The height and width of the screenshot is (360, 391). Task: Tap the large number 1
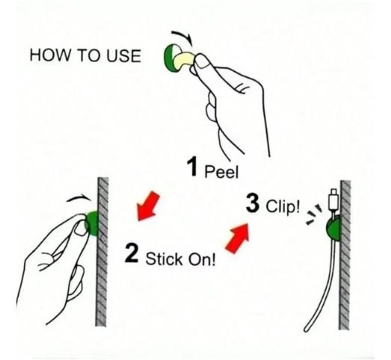point(192,166)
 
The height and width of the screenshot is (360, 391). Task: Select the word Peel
point(222,171)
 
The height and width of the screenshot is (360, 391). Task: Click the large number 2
point(132,253)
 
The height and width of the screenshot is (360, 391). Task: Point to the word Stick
point(164,258)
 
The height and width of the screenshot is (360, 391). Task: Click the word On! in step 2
point(202,259)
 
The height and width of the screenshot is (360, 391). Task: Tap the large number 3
point(253,203)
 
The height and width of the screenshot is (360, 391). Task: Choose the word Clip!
point(283,207)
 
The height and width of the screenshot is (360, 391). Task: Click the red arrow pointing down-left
point(148,206)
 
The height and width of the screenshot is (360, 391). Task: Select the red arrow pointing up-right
point(238,238)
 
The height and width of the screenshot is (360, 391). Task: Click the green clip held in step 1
point(168,58)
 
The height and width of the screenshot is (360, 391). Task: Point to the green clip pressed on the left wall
point(92,223)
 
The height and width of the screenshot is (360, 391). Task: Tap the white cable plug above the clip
point(333,201)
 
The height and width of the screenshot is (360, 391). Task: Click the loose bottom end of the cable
point(307,329)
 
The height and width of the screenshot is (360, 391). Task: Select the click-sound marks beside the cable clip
point(313,215)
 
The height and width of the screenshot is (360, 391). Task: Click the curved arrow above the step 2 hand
point(78,198)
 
